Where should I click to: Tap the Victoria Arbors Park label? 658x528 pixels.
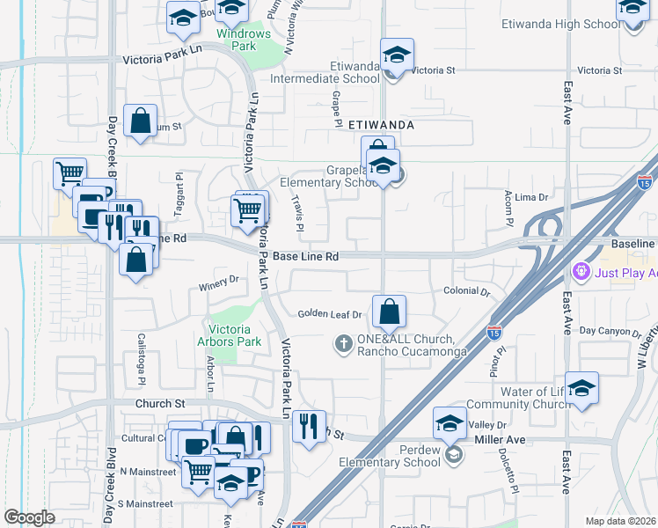tap(236, 335)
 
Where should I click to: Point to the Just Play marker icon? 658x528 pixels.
tap(580, 273)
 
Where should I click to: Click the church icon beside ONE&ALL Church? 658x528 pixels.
tap(345, 343)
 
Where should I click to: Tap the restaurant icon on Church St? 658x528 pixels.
tap(308, 427)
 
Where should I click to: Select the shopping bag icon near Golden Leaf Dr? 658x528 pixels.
tap(389, 311)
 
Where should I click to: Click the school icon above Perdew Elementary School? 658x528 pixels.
tap(450, 423)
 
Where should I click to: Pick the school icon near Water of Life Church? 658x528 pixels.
tap(581, 388)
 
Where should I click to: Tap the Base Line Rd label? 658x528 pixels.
tap(305, 257)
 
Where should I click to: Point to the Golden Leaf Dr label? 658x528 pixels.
tap(330, 314)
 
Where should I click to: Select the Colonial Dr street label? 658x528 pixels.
tap(466, 291)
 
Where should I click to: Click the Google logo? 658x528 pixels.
tap(29, 517)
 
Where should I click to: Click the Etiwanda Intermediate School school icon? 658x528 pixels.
tap(397, 55)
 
